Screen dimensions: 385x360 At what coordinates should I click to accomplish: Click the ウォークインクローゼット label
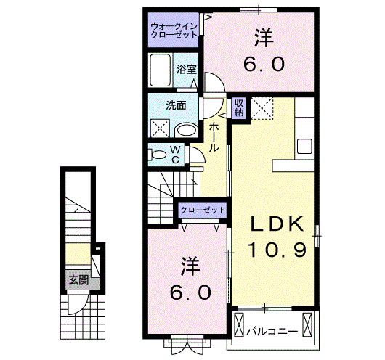coord(174,30)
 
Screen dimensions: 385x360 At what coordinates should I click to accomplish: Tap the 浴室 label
coord(187,70)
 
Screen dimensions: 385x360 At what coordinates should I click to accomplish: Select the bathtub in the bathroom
coord(161,70)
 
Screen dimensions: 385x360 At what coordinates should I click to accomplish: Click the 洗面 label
coord(176,105)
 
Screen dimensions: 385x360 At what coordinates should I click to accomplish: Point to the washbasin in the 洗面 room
coord(187,131)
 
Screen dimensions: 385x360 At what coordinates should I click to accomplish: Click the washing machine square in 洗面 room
coord(160,128)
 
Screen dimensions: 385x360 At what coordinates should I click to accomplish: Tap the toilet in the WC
coord(158,155)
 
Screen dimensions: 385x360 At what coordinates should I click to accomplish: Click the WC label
coord(175,155)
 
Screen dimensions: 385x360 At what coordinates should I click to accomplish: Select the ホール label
coord(214,137)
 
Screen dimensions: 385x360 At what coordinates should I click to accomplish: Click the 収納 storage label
coord(239,108)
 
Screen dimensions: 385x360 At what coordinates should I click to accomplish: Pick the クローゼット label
coord(203,210)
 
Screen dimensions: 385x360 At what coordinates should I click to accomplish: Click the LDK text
coord(277,224)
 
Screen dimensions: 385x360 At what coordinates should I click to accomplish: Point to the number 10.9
coord(277,250)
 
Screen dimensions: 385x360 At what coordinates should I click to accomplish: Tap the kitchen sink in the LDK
coord(304,147)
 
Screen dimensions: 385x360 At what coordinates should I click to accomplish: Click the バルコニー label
coord(272,332)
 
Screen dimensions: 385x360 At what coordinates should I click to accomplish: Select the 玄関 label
coord(78,279)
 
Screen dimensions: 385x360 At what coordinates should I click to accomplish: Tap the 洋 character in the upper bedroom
coord(264,38)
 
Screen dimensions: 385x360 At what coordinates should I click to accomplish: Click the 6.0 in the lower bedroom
coord(191,292)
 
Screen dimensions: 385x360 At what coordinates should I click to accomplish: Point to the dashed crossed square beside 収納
coord(262,108)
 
